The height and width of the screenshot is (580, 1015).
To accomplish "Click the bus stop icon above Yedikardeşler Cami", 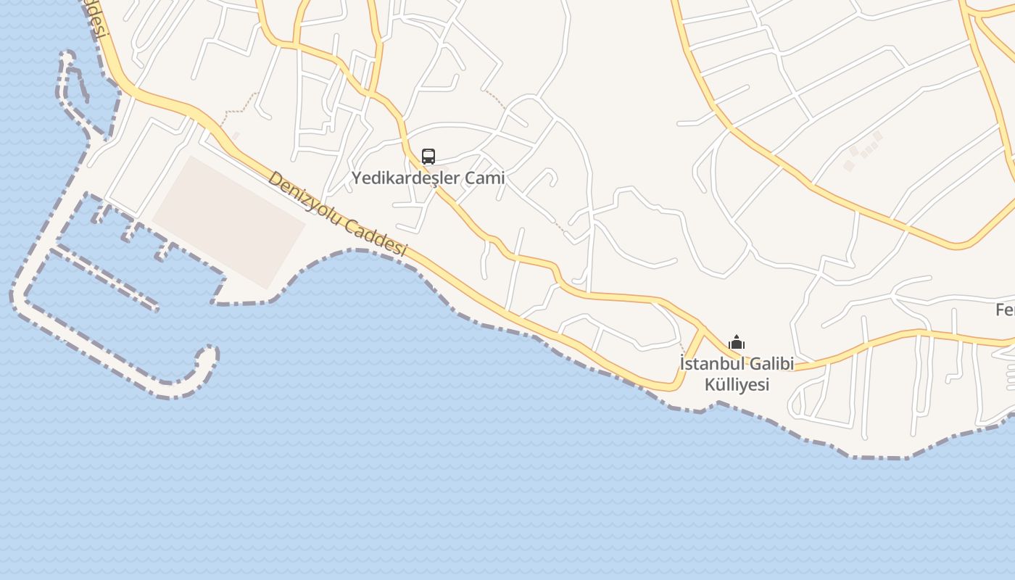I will (428, 157).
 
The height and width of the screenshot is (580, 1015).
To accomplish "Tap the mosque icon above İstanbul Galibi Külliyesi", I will (737, 343).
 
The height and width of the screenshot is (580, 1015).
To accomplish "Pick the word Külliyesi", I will (737, 384).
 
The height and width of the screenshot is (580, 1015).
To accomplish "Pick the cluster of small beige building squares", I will (863, 151).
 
